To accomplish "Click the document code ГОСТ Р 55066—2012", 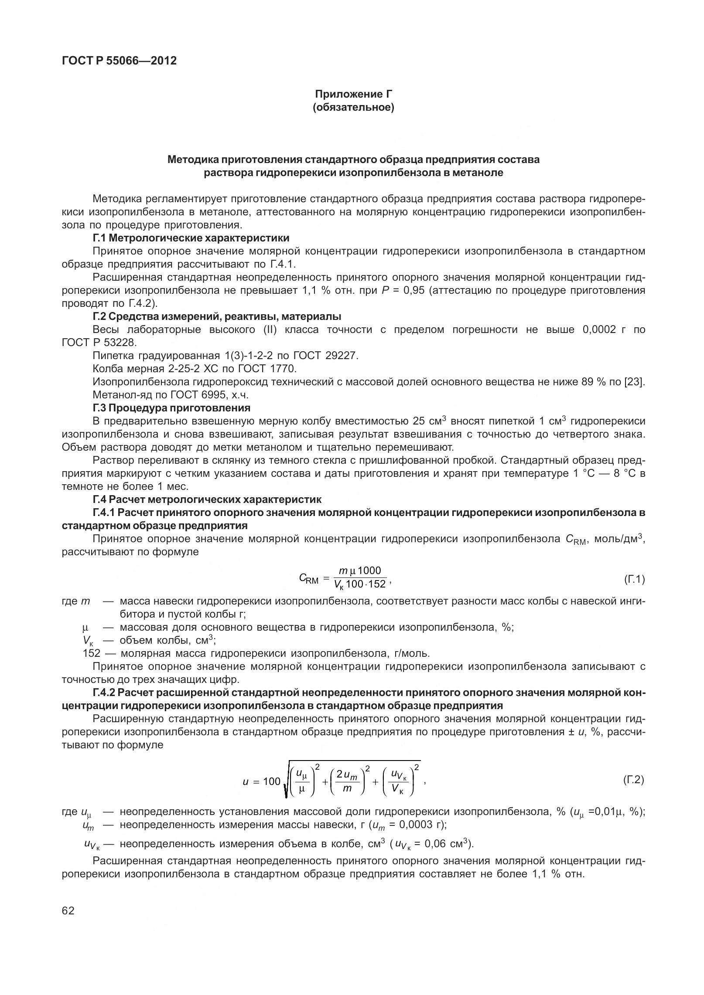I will click(120, 61).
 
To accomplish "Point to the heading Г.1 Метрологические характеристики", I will click(191, 238).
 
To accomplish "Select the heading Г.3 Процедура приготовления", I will click(171, 408).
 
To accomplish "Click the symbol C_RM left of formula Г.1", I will click(309, 578).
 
